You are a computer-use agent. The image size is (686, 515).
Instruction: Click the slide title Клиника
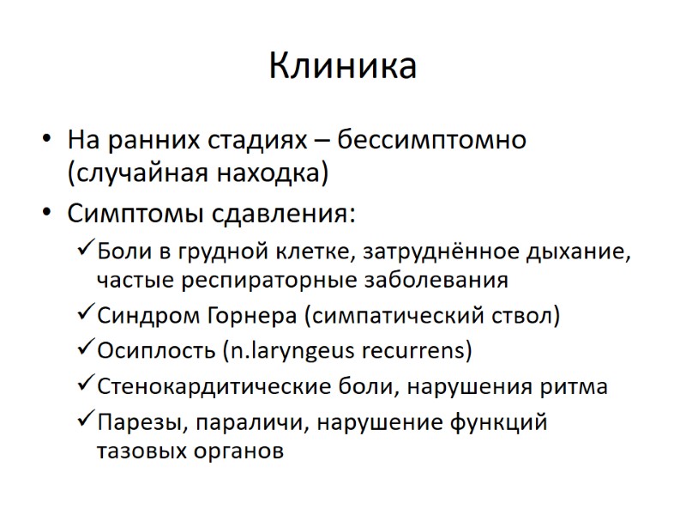[x=343, y=66]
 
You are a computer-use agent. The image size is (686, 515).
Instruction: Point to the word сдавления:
[x=287, y=212]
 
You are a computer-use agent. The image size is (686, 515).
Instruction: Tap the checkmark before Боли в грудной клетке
[x=86, y=251]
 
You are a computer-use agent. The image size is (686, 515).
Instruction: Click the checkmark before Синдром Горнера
[x=86, y=315]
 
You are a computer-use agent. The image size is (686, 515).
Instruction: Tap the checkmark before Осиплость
[x=86, y=350]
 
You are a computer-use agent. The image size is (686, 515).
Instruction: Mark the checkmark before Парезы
[x=86, y=421]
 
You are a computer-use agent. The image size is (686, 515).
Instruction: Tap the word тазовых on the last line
[x=139, y=451]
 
